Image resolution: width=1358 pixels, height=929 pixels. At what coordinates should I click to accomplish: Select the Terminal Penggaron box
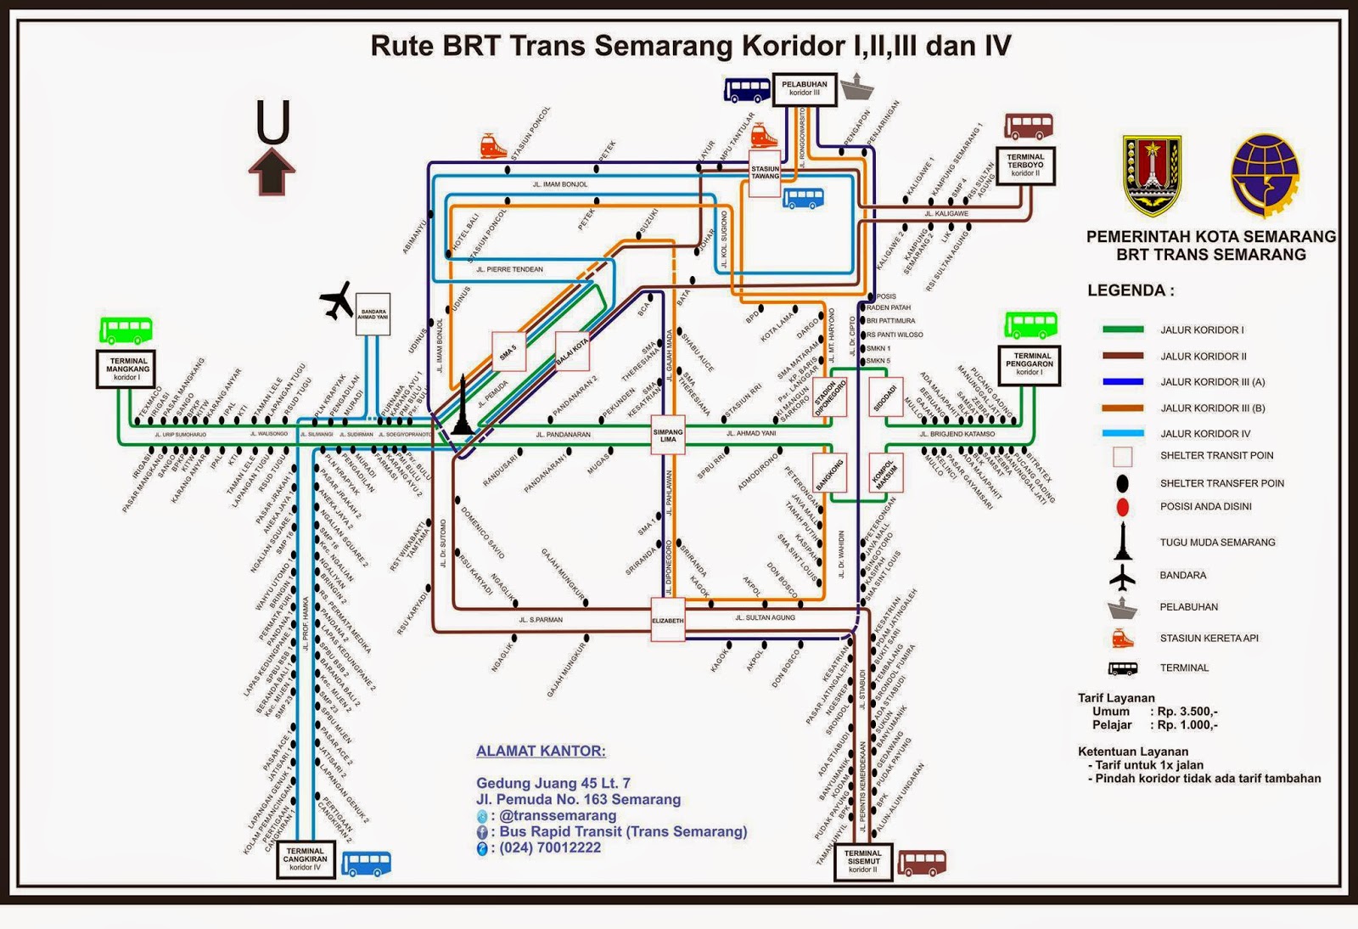tap(1029, 364)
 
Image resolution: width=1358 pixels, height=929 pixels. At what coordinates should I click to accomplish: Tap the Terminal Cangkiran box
tap(305, 859)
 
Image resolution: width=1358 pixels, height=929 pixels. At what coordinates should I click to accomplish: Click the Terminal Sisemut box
tap(862, 861)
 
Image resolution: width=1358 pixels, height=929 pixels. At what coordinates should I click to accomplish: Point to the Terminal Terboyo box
tap(1024, 165)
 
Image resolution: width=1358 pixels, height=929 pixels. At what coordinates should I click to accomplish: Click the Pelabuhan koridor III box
tap(804, 88)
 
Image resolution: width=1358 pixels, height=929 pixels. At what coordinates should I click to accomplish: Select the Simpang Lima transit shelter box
tap(668, 436)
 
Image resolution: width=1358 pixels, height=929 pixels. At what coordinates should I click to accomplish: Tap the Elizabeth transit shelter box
tap(667, 620)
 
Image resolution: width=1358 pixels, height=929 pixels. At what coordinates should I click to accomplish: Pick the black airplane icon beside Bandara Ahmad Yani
tap(337, 301)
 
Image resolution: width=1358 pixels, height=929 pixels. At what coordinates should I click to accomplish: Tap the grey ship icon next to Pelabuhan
tap(856, 86)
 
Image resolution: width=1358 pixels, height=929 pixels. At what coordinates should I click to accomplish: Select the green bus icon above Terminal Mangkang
tap(126, 329)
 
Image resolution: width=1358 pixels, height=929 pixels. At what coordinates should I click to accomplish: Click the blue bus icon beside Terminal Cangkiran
tap(367, 864)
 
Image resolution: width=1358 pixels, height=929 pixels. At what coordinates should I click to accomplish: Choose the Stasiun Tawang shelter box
tap(765, 174)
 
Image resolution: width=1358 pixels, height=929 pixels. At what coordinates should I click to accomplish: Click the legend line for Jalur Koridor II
tap(1122, 356)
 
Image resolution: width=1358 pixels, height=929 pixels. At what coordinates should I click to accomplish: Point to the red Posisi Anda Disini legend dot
tap(1122, 508)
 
